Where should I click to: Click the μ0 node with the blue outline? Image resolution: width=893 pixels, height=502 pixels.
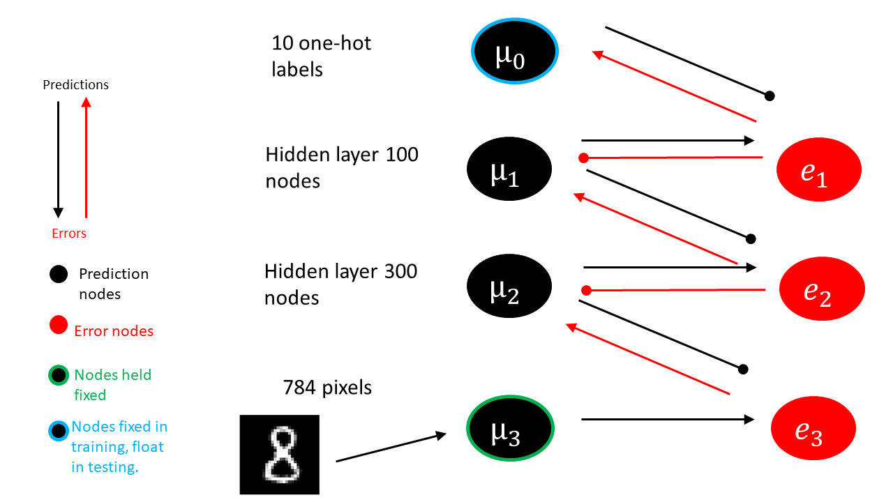pyautogui.click(x=515, y=52)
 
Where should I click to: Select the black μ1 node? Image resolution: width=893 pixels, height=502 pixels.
pyautogui.click(x=509, y=169)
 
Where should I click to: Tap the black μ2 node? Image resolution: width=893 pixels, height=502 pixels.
pyautogui.click(x=509, y=287)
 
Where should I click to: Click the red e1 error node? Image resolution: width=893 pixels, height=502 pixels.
pyautogui.click(x=819, y=169)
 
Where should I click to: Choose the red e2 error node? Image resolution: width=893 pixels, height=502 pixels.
pyautogui.click(x=822, y=289)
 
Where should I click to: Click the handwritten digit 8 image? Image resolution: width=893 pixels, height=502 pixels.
pyautogui.click(x=279, y=454)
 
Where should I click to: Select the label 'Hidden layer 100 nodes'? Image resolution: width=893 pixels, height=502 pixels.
pyautogui.click(x=342, y=167)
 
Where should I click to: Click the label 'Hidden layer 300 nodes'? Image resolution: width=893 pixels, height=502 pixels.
pyautogui.click(x=341, y=284)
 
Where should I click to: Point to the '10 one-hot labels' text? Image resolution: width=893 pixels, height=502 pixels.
pyautogui.click(x=322, y=56)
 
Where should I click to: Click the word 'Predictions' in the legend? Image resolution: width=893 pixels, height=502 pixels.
pyautogui.click(x=76, y=85)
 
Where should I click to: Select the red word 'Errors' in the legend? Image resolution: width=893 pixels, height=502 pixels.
pyautogui.click(x=69, y=234)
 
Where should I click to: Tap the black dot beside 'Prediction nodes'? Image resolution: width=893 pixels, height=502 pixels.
pyautogui.click(x=59, y=274)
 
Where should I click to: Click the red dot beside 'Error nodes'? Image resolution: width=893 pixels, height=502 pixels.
pyautogui.click(x=59, y=325)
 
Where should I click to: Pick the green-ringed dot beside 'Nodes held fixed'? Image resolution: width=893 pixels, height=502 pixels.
pyautogui.click(x=59, y=376)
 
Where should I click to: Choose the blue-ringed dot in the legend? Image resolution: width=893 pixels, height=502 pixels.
pyautogui.click(x=59, y=427)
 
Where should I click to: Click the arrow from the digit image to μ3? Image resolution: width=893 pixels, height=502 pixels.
pyautogui.click(x=391, y=448)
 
